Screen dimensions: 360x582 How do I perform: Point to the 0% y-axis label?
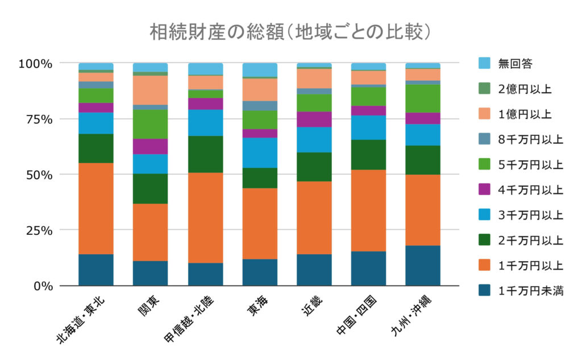click(x=41, y=285)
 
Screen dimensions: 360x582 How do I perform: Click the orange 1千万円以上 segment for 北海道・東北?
click(x=96, y=208)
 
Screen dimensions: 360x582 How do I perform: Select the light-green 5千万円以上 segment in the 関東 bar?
click(x=151, y=124)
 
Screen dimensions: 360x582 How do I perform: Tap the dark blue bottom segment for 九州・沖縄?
click(x=423, y=266)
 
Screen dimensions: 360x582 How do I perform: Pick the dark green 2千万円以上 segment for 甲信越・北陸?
click(x=205, y=154)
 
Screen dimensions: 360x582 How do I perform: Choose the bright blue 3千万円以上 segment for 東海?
click(x=260, y=152)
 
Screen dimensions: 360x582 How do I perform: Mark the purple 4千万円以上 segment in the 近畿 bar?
click(x=314, y=119)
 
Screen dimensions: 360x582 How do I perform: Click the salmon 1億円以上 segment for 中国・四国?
click(x=368, y=77)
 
